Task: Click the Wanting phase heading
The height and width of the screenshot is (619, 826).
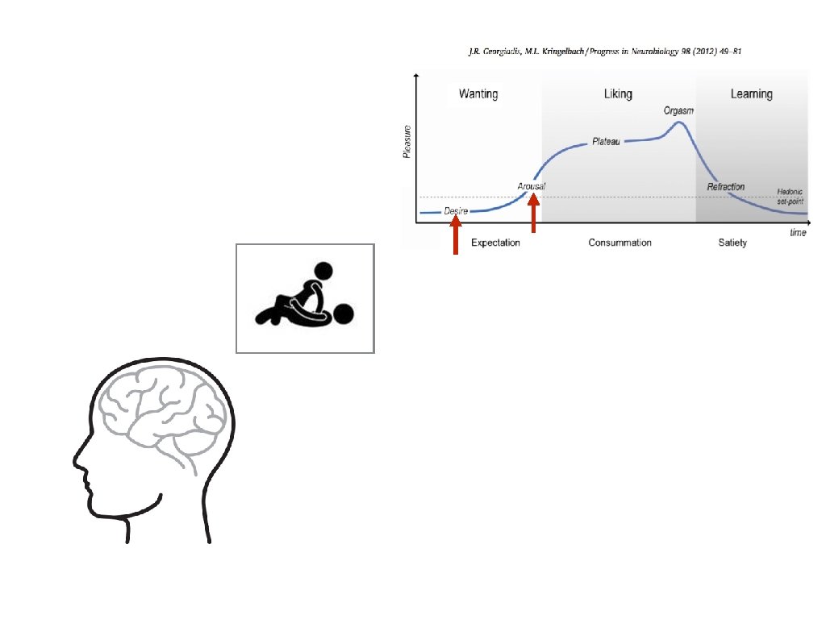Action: pos(478,94)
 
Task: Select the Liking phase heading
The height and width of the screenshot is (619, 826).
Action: pos(619,94)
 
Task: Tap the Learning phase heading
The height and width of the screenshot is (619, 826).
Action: pos(751,94)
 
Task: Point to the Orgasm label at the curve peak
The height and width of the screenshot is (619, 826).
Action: pos(679,110)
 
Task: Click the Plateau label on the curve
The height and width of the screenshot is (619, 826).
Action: pos(606,142)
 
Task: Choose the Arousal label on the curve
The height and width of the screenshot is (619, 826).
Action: pos(532,187)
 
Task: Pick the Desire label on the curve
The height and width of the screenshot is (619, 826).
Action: pos(456,211)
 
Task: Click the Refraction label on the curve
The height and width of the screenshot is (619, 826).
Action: pos(726,187)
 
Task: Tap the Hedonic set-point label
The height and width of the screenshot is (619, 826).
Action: pos(791,196)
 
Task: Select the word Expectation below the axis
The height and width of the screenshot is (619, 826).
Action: pos(495,243)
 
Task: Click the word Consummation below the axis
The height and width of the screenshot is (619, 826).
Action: pos(619,243)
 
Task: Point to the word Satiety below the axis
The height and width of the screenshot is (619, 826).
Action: pos(732,243)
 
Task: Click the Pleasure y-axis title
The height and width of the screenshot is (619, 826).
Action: pos(407,141)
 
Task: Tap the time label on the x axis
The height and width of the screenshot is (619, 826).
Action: pos(798,232)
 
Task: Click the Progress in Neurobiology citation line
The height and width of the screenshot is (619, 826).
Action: pos(605,52)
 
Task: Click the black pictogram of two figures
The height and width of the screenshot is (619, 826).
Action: pos(305,299)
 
